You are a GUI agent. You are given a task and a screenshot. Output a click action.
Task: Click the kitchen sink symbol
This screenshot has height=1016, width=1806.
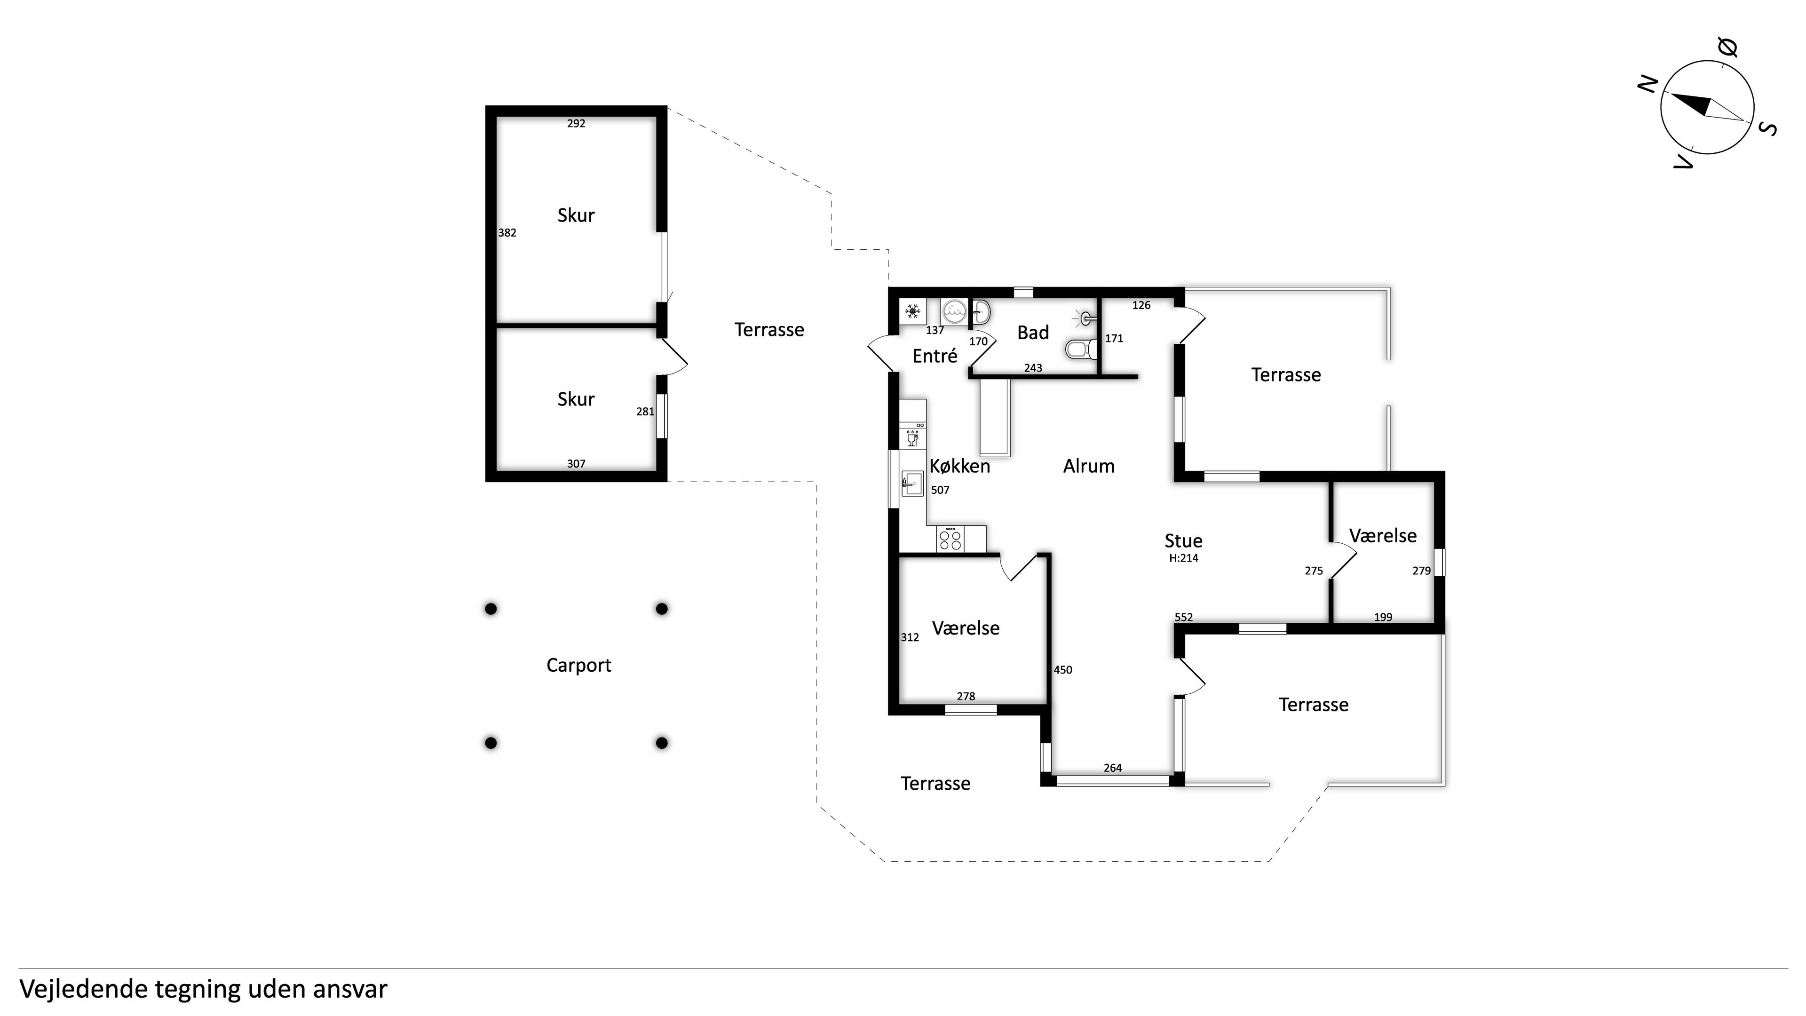(911, 483)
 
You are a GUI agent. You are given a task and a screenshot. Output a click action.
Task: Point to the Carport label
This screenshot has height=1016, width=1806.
(578, 666)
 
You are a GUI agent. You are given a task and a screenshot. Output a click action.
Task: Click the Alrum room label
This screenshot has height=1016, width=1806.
(1089, 466)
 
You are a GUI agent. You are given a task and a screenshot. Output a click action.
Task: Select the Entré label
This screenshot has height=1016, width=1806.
(935, 356)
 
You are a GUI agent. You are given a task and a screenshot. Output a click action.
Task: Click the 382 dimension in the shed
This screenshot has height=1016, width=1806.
(507, 233)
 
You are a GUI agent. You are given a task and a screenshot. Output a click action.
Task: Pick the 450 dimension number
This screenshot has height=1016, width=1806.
(1063, 670)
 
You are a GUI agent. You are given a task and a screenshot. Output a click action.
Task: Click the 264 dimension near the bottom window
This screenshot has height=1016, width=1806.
(1113, 768)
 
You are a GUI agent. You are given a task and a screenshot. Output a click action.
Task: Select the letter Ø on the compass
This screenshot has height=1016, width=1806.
(1727, 48)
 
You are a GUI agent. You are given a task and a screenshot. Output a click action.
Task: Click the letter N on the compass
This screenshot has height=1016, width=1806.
(1647, 84)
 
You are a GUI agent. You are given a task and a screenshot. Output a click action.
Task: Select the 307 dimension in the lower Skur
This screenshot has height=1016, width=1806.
(576, 463)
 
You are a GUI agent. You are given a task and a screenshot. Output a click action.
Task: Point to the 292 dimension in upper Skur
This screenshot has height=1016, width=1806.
(576, 123)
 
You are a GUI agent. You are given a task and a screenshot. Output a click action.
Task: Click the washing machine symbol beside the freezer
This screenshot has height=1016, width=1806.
(953, 310)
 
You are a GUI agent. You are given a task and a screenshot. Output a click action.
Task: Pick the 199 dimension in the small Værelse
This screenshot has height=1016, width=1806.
(1383, 617)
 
